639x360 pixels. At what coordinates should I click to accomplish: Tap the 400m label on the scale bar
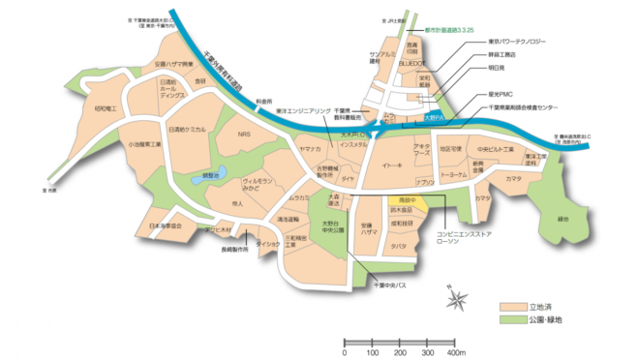coord(454,351)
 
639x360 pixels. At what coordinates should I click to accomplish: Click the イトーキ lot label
coord(391,166)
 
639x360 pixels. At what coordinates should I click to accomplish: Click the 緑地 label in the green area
coord(563,219)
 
